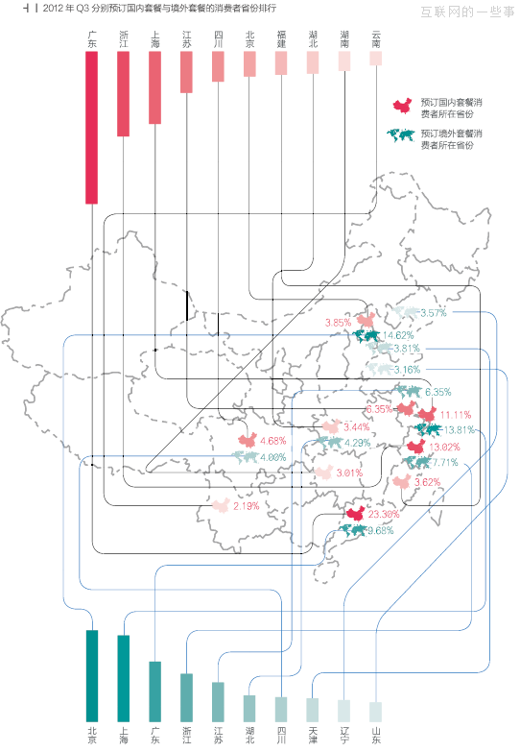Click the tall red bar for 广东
(92, 127)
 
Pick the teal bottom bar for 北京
(92, 675)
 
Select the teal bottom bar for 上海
(123, 678)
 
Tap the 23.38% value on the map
(384, 515)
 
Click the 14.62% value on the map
(397, 335)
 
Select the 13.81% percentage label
(457, 429)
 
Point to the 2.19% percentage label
(247, 505)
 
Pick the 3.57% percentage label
(434, 313)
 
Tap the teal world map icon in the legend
(404, 135)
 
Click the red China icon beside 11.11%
(428, 414)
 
